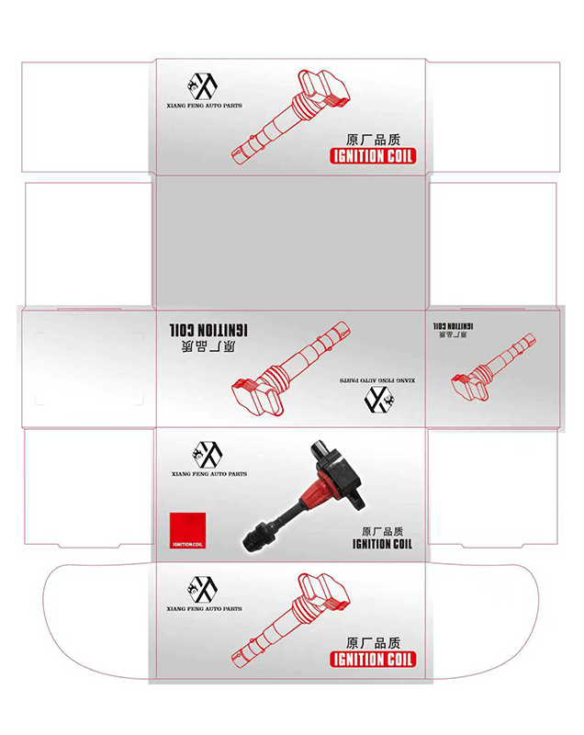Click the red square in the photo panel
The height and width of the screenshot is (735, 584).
(x=187, y=530)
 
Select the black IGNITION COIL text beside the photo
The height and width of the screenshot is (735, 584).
(x=382, y=544)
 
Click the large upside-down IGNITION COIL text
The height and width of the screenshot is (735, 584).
(x=208, y=330)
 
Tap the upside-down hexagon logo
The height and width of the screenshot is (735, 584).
(x=379, y=400)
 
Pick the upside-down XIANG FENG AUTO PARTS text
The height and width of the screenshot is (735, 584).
(x=377, y=380)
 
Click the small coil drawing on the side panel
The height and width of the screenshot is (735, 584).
(x=493, y=367)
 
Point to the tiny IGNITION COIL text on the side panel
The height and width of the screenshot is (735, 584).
(x=453, y=326)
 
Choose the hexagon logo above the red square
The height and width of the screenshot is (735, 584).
(x=207, y=455)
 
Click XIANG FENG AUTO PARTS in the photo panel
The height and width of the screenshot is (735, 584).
(x=208, y=474)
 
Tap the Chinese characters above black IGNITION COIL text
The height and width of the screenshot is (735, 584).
(x=382, y=531)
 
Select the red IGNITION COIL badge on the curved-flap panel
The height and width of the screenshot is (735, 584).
(x=373, y=659)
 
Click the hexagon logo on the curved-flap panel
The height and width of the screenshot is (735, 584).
(x=202, y=590)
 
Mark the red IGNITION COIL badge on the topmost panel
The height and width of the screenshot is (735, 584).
(x=373, y=156)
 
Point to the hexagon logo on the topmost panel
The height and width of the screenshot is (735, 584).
(x=202, y=86)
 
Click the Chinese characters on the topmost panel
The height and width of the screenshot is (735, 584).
(x=373, y=140)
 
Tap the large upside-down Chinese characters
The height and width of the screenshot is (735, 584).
(x=208, y=346)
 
